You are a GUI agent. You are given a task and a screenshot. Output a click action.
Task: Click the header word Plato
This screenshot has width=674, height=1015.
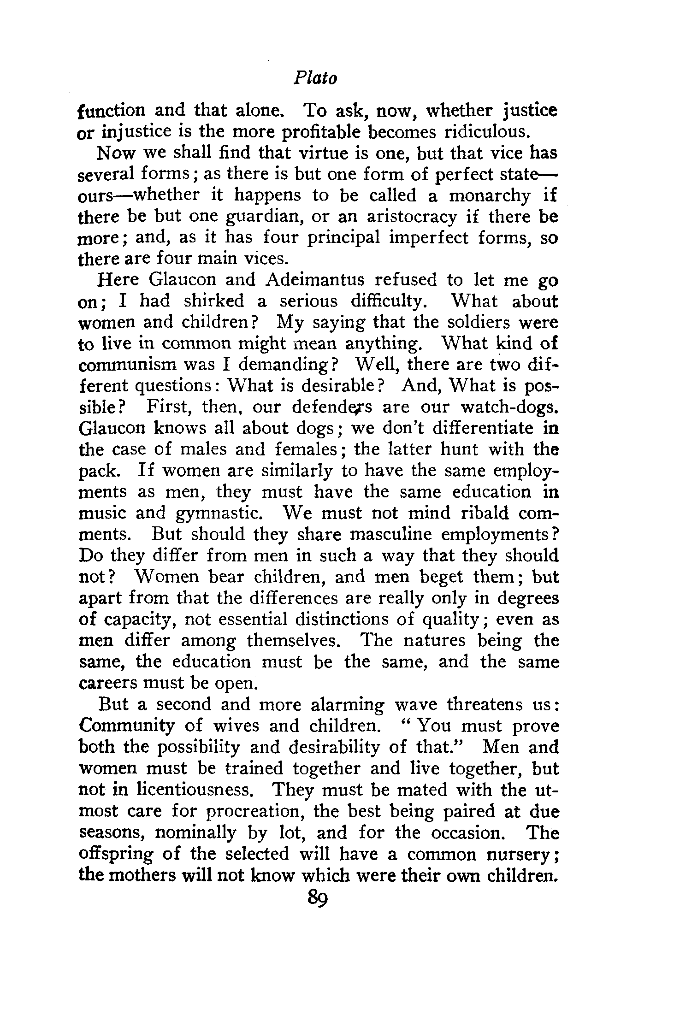point(315,79)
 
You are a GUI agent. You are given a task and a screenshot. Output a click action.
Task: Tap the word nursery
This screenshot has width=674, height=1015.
point(522,854)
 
